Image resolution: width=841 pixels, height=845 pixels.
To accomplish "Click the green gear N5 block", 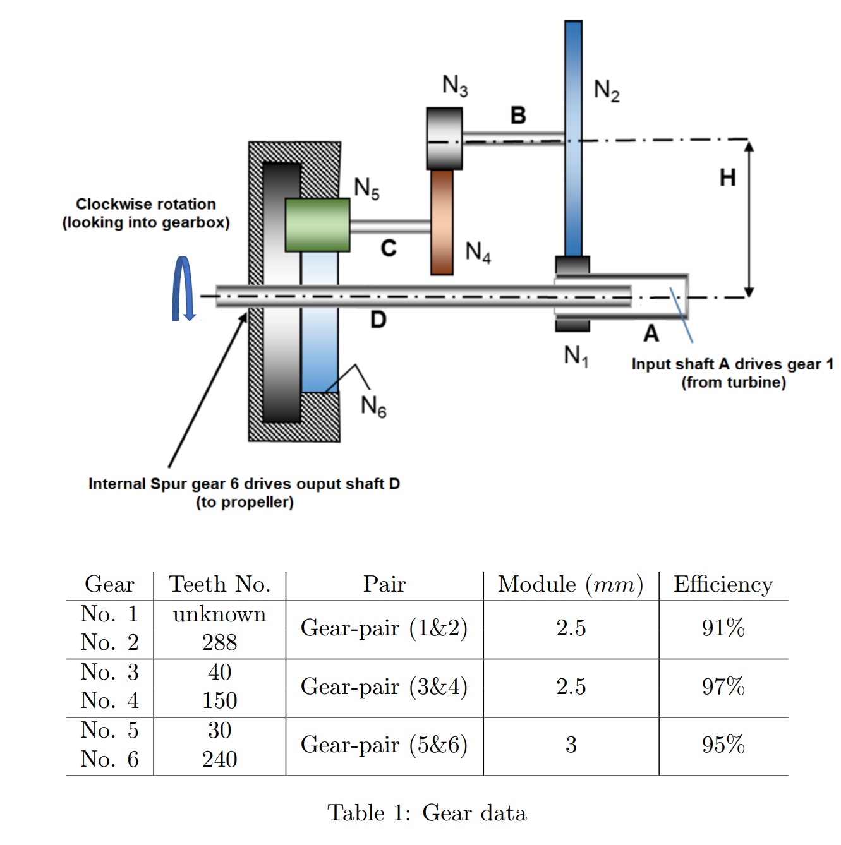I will pos(317,225).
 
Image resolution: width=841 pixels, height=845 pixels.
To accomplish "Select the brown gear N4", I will pos(442,222).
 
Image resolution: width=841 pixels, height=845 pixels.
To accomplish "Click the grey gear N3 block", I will pos(444,138).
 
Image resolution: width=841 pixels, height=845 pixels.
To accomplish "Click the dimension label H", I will pos(727,177).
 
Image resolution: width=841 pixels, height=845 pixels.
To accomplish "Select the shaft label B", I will pos(518,116).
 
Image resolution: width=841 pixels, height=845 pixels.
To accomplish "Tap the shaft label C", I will pos(389,248).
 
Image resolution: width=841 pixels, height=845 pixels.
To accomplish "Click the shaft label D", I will pos(378,320).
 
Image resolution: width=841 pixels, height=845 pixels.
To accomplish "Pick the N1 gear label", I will pos(576,356).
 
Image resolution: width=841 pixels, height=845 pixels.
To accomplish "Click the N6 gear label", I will pos(373,405).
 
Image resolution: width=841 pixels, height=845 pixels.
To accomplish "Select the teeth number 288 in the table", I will pos(219,642).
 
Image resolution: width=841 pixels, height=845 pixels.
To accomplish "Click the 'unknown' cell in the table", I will pos(219,614).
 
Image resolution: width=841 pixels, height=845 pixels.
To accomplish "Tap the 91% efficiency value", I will pos(723,628).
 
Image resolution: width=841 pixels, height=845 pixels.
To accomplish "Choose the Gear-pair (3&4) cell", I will pos(384,686).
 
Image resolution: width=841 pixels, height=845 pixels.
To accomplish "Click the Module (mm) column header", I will pos(571,584).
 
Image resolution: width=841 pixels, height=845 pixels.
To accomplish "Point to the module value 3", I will pos(571,745).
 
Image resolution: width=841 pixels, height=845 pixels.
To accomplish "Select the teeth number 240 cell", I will pos(219,759).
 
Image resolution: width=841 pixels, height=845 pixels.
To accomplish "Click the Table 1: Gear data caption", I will pos(427,813).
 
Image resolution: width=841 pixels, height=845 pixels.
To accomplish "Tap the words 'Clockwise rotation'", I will pos(146,204).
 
